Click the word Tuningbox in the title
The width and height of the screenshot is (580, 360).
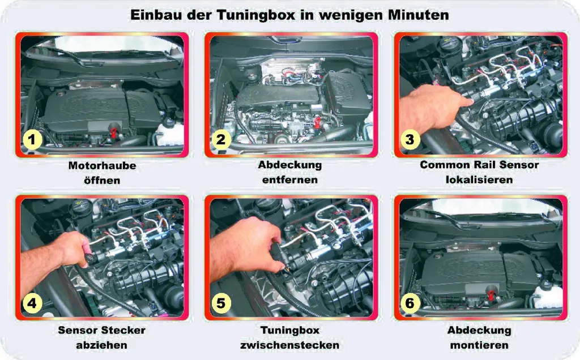point(256,15)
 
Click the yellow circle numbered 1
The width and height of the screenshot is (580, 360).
point(32,140)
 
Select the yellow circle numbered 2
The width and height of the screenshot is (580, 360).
point(221,140)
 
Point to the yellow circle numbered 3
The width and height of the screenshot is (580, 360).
point(410,140)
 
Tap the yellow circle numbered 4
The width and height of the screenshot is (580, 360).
point(32,303)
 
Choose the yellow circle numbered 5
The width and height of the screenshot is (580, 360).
point(221,303)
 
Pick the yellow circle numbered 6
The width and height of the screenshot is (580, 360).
point(410,303)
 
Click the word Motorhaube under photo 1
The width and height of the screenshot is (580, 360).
point(102,166)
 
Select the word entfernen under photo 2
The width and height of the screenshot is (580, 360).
point(290,180)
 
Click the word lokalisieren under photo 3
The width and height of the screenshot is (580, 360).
point(479,180)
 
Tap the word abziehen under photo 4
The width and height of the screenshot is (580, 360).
point(102,345)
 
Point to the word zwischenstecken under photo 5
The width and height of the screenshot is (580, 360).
point(290,345)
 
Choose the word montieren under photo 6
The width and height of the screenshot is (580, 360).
point(479,345)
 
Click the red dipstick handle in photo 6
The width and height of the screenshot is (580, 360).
point(492,293)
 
